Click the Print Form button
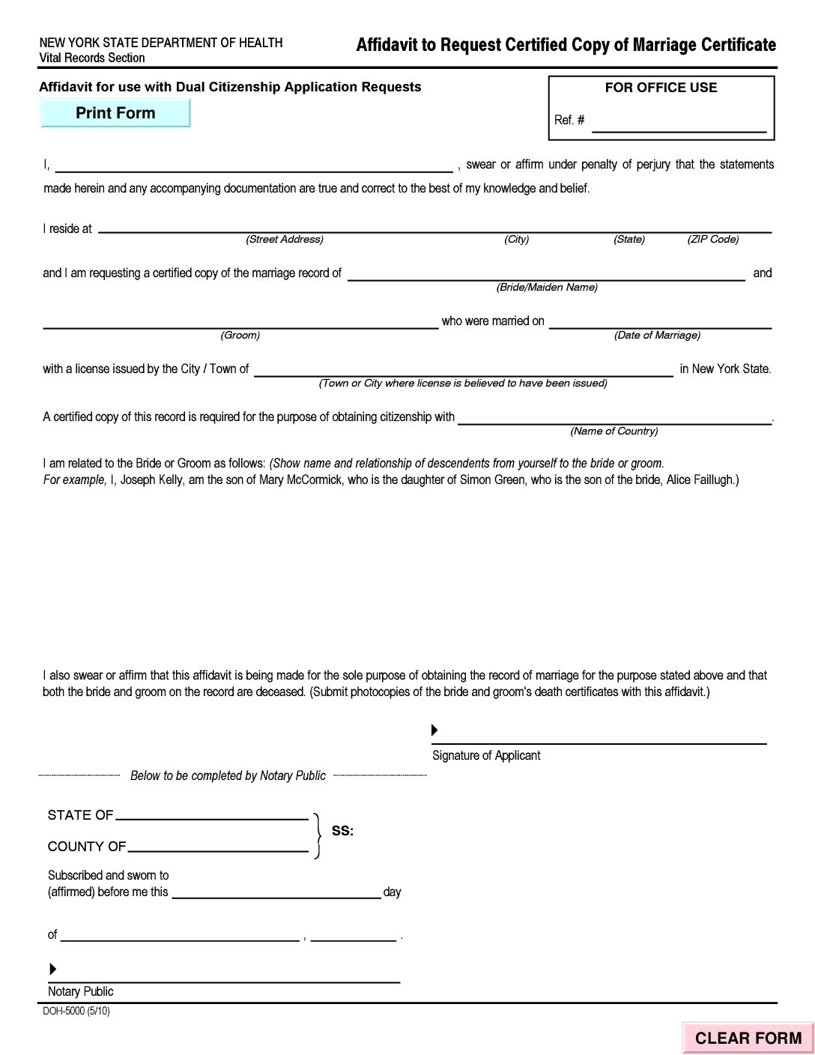[x=115, y=113]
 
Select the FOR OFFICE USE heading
[x=661, y=88]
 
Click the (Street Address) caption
[x=285, y=240]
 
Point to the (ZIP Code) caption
[x=713, y=240]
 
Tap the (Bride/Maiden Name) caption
[x=547, y=288]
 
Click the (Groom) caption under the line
[x=240, y=336]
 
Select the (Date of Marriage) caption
[x=657, y=336]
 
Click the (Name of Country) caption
[x=614, y=432]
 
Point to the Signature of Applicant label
[x=486, y=755]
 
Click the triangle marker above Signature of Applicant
[x=434, y=730]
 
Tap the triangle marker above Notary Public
[x=52, y=970]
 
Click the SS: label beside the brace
[x=342, y=831]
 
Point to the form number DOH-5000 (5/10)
[x=76, y=1011]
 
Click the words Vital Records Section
[x=92, y=58]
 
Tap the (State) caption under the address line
[x=629, y=240]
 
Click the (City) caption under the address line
[x=517, y=240]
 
